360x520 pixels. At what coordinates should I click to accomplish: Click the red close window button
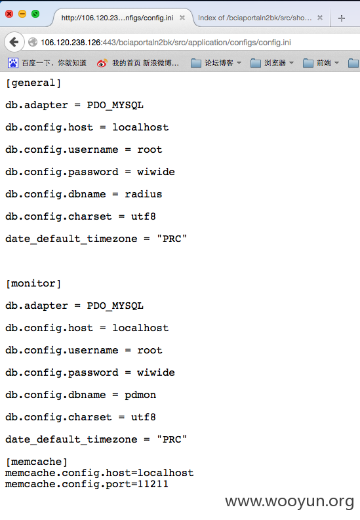9,14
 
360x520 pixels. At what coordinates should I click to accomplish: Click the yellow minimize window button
22,14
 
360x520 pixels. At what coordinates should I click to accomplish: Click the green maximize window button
35,14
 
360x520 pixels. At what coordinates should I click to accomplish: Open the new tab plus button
342,18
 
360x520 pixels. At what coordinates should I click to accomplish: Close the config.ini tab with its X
182,18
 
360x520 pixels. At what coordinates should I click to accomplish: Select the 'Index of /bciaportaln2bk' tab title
254,18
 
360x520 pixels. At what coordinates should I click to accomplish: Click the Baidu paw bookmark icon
13,63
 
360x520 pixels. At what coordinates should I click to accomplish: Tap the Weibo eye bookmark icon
102,63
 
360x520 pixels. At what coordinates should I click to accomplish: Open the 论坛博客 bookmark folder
216,63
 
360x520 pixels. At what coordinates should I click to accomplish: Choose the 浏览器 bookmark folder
272,63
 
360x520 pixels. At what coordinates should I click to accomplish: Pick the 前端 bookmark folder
321,63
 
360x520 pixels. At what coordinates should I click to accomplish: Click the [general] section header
33,83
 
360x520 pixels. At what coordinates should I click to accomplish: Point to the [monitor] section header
33,283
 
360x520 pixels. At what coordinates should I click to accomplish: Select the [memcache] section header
37,462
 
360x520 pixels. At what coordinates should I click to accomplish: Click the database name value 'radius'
143,194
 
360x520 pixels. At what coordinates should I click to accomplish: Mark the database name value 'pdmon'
140,395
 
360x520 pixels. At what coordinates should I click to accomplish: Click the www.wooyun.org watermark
289,501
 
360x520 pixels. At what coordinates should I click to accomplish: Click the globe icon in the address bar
33,43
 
